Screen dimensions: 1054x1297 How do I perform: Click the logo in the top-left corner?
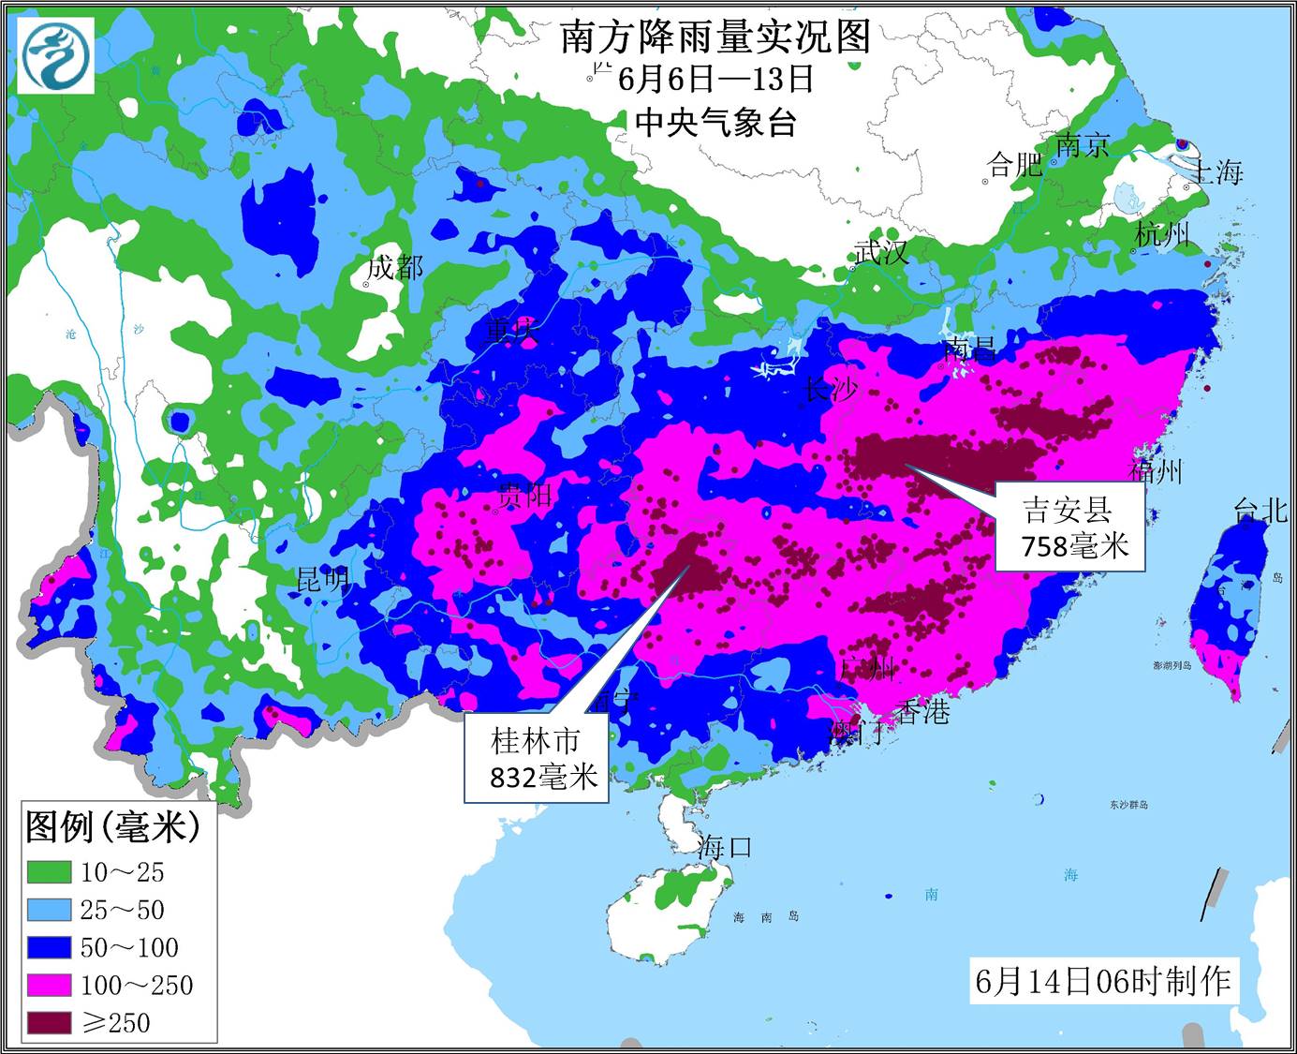click(57, 55)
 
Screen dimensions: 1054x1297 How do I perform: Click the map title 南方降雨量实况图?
click(715, 37)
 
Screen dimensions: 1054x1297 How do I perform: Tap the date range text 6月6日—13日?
click(715, 79)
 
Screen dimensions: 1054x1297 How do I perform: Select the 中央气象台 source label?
click(715, 122)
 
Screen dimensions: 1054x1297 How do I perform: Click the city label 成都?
click(394, 268)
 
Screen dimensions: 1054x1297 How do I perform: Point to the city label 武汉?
click(881, 251)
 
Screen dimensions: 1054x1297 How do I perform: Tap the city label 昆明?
click(322, 579)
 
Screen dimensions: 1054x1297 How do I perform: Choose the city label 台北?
click(1260, 510)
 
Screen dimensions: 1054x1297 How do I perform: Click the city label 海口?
click(724, 847)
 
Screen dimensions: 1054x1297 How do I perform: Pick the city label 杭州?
click(1162, 233)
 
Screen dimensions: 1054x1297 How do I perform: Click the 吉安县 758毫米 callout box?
click(1069, 527)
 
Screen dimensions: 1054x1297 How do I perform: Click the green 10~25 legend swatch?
click(49, 872)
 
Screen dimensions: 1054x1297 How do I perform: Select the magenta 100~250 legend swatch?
click(49, 985)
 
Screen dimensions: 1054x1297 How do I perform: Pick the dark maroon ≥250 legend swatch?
click(49, 1022)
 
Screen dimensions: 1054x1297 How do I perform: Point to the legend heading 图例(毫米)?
click(112, 826)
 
